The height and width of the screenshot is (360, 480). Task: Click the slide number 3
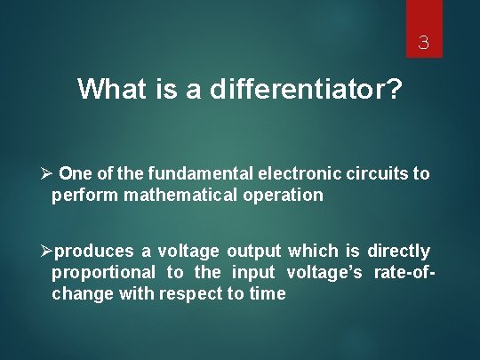tap(424, 42)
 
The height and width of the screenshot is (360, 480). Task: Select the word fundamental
tap(201, 173)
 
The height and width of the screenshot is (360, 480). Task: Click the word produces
tap(102, 252)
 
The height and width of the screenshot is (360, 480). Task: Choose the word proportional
tap(103, 273)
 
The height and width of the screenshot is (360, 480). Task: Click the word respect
tap(190, 294)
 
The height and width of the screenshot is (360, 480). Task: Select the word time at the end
tap(267, 294)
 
